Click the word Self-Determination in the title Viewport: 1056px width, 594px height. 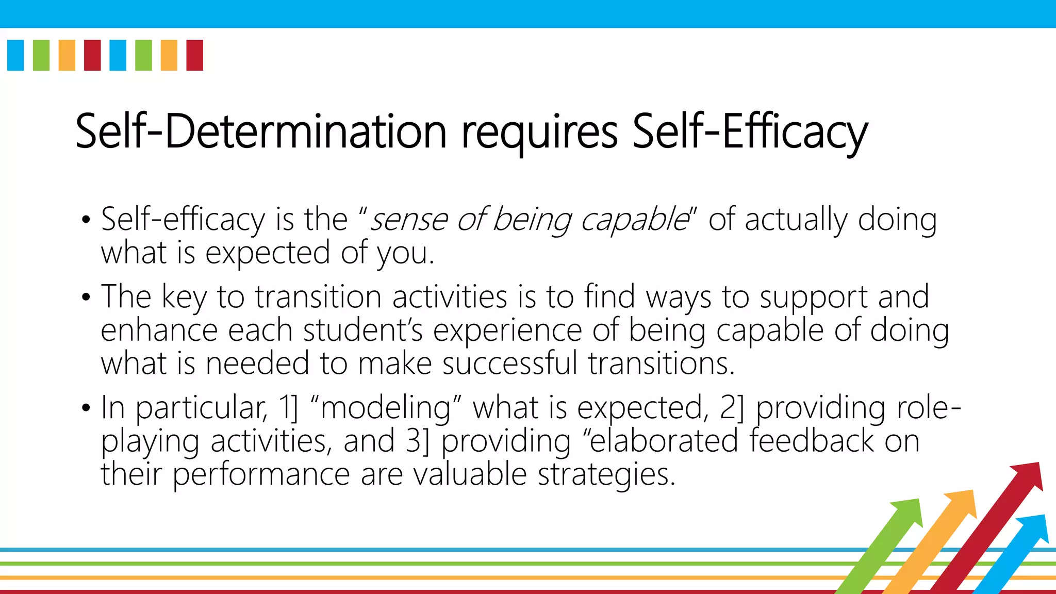[260, 131]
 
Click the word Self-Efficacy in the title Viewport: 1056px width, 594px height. [750, 131]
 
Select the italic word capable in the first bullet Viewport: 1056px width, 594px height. [634, 221]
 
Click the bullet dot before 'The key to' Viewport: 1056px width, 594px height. [86, 298]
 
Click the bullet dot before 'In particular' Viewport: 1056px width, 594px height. [86, 408]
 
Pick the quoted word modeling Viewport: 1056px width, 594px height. [386, 408]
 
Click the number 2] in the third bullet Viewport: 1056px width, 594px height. [732, 407]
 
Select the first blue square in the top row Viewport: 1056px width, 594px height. [15, 55]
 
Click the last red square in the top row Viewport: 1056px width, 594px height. [194, 55]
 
